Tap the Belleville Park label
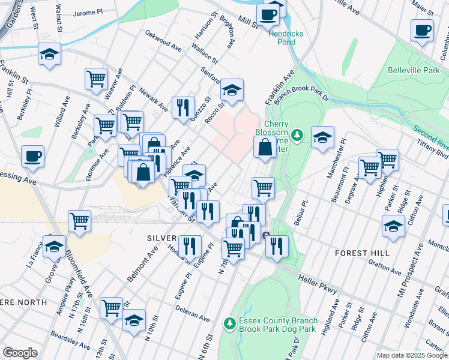413,70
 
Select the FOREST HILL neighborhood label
362,253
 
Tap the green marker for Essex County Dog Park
229,324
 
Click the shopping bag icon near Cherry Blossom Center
265,146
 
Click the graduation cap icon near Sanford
232,89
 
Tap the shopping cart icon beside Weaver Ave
96,78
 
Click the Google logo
20,353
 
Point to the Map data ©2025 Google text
411,355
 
